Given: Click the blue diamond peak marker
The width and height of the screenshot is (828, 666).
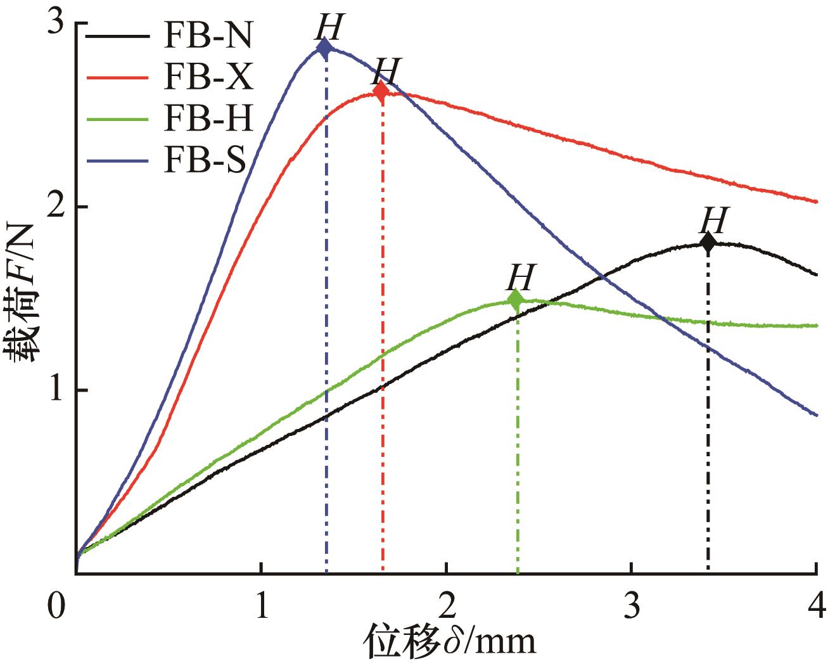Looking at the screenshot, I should (x=324, y=48).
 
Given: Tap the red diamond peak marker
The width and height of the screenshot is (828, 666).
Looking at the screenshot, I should (x=381, y=91).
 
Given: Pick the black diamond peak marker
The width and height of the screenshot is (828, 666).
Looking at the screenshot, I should (x=708, y=242).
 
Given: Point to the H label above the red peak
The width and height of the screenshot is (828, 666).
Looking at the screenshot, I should (x=387, y=71).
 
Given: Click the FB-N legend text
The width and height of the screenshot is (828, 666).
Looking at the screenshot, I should (x=210, y=37).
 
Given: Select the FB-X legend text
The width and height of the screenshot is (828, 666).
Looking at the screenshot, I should (x=210, y=79).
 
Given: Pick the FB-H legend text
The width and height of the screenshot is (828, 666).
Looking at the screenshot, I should (x=210, y=120).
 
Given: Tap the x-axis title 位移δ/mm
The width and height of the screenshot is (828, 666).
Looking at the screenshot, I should (x=449, y=643).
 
